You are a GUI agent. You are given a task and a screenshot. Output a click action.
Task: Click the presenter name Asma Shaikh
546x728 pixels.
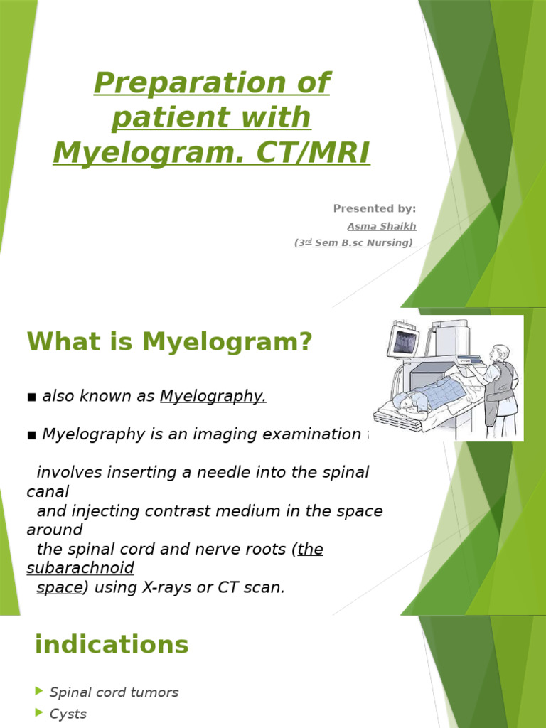tap(381, 226)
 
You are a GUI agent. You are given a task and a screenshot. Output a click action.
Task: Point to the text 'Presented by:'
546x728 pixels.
tap(375, 208)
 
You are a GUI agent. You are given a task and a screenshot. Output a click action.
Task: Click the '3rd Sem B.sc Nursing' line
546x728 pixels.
tap(354, 243)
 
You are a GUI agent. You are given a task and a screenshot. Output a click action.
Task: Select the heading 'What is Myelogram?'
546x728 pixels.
tap(170, 342)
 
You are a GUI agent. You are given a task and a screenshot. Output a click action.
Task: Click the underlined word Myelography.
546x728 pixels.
tap(213, 396)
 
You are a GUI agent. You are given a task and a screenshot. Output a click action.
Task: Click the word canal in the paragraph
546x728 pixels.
tap(48, 491)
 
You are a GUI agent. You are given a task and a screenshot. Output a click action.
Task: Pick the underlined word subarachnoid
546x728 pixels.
tap(80, 568)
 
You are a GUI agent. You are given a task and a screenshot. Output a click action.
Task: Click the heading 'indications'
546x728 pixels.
tap(112, 645)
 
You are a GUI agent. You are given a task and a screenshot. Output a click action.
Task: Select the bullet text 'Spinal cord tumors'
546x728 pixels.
tap(114, 692)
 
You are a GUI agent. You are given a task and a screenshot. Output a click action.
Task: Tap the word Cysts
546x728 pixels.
tap(68, 714)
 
